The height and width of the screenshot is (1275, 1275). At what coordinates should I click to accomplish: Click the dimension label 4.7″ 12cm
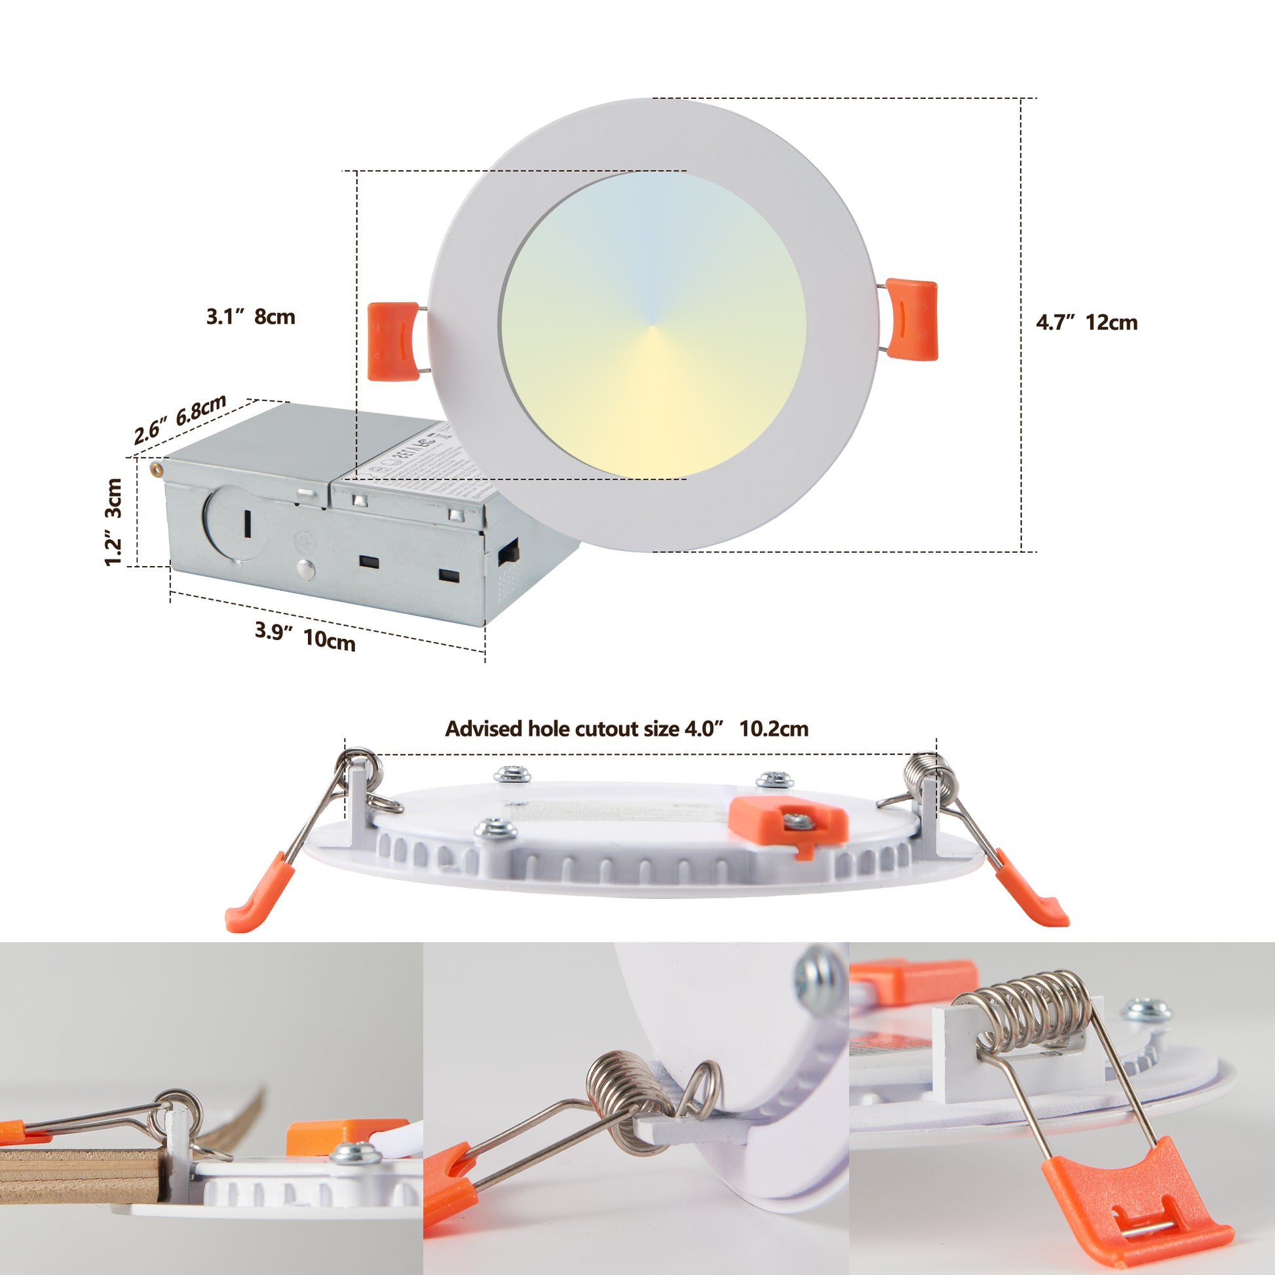[x=1086, y=323]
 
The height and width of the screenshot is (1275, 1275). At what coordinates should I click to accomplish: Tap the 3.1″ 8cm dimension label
[x=251, y=316]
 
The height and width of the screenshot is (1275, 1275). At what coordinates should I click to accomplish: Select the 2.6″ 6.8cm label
[x=180, y=420]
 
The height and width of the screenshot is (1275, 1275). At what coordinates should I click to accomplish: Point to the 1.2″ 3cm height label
[x=113, y=522]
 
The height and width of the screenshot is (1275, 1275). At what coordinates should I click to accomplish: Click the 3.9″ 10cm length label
[x=305, y=637]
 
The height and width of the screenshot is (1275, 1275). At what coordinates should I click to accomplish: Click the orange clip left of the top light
[x=392, y=342]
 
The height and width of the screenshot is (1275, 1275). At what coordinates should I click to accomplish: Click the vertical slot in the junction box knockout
[x=248, y=523]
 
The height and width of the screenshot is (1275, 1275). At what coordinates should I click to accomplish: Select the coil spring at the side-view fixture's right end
[x=928, y=769]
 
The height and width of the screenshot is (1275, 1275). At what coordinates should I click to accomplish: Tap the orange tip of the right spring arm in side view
[x=1034, y=892]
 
